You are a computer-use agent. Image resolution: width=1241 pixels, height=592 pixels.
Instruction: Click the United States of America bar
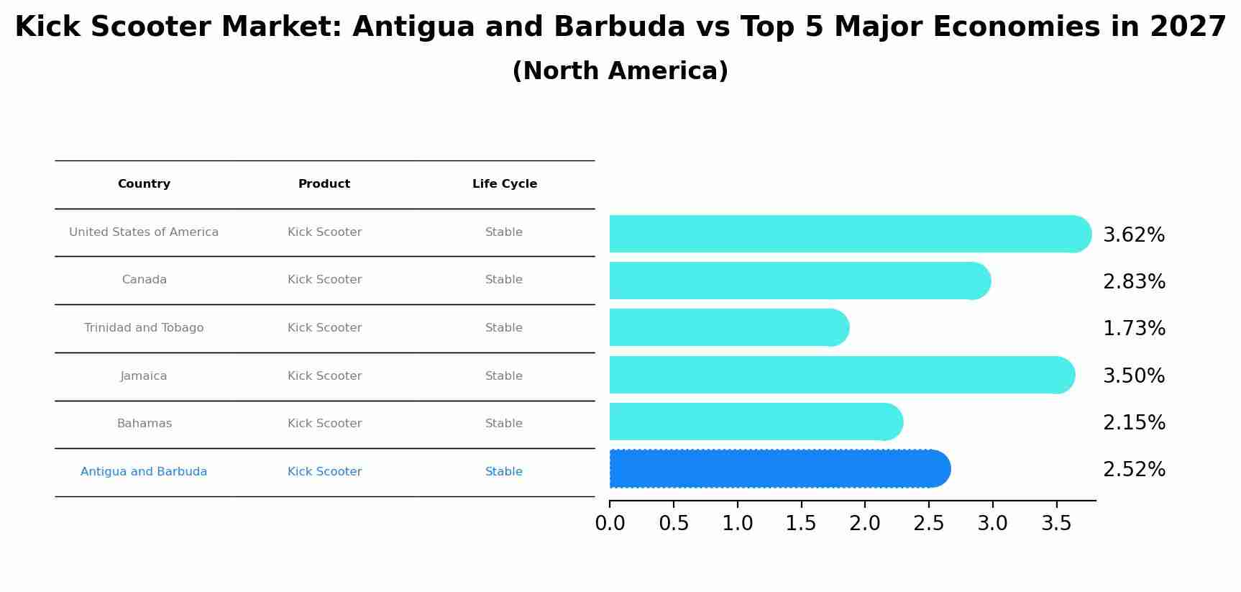pyautogui.click(x=848, y=234)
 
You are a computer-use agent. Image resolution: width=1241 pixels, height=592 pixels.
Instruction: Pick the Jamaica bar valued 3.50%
pyautogui.click(x=841, y=375)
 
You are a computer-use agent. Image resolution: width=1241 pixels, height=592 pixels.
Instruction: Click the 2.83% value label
pyautogui.click(x=1134, y=282)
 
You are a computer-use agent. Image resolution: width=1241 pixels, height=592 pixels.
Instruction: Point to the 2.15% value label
pyautogui.click(x=1134, y=423)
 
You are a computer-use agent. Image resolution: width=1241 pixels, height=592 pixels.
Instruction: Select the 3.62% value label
pyautogui.click(x=1134, y=235)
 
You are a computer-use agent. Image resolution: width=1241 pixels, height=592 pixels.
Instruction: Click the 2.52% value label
pyautogui.click(x=1134, y=470)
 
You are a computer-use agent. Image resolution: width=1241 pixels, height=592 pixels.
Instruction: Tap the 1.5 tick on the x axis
pyautogui.click(x=801, y=524)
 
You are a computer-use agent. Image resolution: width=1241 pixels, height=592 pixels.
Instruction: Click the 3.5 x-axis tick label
pyautogui.click(x=1056, y=524)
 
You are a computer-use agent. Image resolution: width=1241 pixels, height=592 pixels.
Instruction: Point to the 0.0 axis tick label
pyautogui.click(x=610, y=524)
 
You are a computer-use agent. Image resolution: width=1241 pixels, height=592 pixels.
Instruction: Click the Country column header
pyautogui.click(x=144, y=184)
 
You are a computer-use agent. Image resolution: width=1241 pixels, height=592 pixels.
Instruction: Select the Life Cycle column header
pyautogui.click(x=504, y=184)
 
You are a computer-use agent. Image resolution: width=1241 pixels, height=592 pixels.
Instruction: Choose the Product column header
pyautogui.click(x=324, y=184)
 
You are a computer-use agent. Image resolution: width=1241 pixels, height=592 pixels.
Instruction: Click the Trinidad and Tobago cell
pyautogui.click(x=144, y=328)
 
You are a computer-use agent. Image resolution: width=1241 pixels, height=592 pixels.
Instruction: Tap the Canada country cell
pyautogui.click(x=144, y=280)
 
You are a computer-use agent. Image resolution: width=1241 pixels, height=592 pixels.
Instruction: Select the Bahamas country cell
pyautogui.click(x=144, y=424)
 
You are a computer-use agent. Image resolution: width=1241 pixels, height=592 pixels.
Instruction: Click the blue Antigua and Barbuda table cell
pyautogui.click(x=144, y=472)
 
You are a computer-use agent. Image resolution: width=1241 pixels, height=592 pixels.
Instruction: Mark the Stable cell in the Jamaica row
pyautogui.click(x=503, y=376)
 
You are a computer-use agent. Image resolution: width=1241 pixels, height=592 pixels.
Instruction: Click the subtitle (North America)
pyautogui.click(x=620, y=71)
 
